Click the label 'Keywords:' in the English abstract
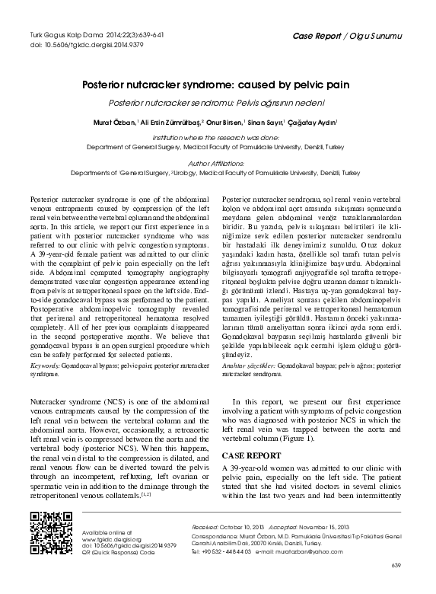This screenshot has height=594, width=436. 44,366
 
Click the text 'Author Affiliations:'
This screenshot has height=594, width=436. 217,162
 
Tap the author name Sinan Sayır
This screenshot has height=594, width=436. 269,122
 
